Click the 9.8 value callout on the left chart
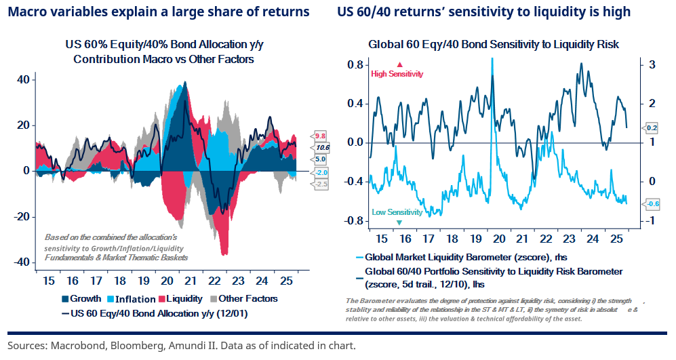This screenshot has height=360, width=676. click(x=320, y=135)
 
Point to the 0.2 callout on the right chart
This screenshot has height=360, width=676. click(x=651, y=127)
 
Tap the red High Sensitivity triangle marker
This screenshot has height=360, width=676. click(x=399, y=64)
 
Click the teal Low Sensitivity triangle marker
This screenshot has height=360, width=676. click(x=399, y=222)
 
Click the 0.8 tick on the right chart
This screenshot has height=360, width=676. click(x=356, y=64)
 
